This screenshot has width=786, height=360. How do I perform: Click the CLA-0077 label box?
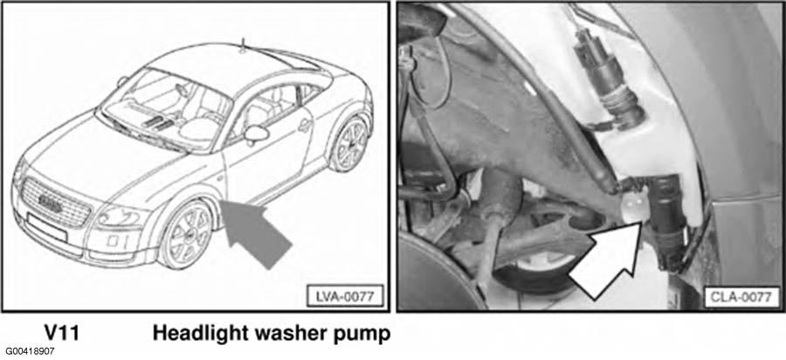(741, 297)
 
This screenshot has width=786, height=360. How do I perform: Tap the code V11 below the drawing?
(62, 334)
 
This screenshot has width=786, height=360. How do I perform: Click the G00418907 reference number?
(30, 352)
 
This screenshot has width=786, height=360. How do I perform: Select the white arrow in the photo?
(607, 260)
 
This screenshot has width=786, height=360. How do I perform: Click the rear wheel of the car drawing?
(349, 144)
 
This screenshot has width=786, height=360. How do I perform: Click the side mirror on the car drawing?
(256, 134)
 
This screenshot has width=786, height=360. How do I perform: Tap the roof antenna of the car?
(243, 45)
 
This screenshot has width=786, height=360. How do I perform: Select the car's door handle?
(303, 126)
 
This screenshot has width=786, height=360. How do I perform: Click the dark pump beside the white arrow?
(665, 220)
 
